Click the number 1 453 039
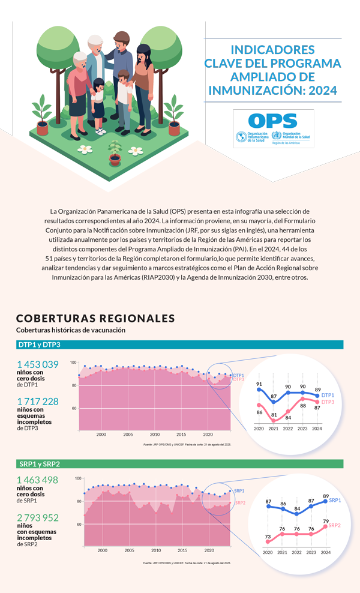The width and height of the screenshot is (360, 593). coord(38,364)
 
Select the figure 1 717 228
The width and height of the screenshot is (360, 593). coord(38,402)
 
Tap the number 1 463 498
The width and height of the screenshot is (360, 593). coord(38,480)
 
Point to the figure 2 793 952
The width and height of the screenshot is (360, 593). coord(38,517)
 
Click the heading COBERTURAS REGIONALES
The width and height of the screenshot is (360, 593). coord(95,319)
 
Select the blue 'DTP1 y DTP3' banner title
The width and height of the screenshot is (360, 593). coord(39,345)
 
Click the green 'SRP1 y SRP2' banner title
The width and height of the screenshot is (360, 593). coord(40,464)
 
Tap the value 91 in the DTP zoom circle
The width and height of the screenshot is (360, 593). coord(259,384)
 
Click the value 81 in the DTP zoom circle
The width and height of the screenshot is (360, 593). coord(274,415)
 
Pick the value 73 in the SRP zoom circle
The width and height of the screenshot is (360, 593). coord(268,536)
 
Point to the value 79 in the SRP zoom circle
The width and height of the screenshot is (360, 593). coord(326,521)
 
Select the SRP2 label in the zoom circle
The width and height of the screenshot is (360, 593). coord(336,526)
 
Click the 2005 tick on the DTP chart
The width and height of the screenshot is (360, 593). coord(128,434)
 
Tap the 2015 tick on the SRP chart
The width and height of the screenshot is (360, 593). coord(182,550)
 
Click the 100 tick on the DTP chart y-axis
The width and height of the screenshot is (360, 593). coord(73,363)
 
